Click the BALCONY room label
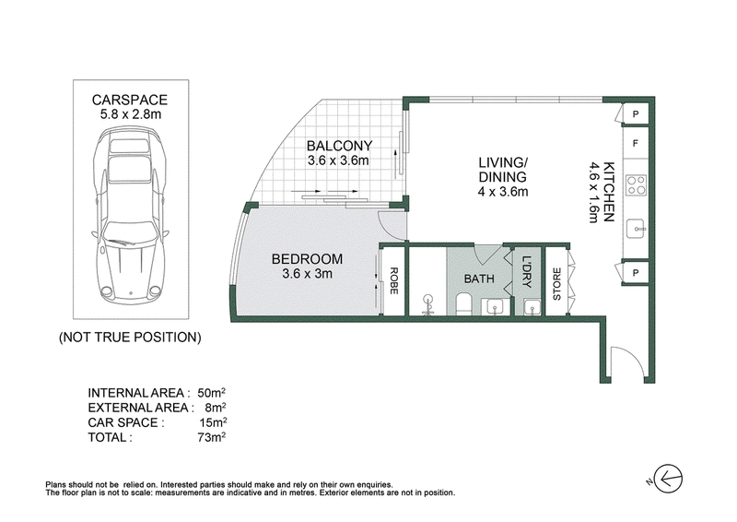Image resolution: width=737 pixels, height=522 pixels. (x=339, y=146)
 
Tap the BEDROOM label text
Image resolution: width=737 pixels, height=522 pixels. (x=307, y=259)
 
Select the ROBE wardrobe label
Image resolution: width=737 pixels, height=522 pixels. (x=394, y=281)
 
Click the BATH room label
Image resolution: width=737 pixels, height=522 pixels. (x=479, y=279)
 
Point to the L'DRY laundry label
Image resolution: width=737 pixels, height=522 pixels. (x=527, y=272)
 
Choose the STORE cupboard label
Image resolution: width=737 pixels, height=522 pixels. (x=557, y=284)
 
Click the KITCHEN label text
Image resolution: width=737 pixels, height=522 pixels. (x=609, y=192)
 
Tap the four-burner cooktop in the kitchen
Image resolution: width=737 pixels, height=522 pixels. (x=637, y=185)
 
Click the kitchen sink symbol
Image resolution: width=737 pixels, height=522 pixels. (x=637, y=229)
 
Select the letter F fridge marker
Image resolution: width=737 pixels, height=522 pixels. (x=636, y=143)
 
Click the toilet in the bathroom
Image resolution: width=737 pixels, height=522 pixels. (x=464, y=303)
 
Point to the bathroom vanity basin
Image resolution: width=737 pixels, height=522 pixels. (x=495, y=307)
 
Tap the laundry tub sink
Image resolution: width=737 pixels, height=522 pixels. (x=532, y=307)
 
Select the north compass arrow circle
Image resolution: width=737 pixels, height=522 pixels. (x=668, y=480)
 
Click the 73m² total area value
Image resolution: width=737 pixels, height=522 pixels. (x=212, y=437)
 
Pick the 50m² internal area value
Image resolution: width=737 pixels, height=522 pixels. (x=212, y=393)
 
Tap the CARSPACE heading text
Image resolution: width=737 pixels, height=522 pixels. (x=130, y=100)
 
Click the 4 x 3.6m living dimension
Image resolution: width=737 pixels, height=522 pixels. (x=503, y=192)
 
